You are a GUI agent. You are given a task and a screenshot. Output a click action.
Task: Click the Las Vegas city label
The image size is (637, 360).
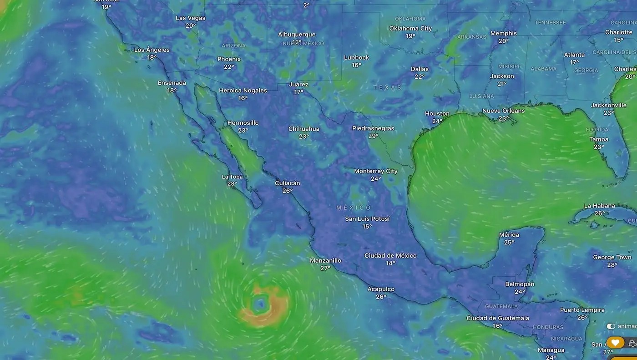coord(191,18)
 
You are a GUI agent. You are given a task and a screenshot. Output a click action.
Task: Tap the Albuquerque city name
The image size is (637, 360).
coord(297,35)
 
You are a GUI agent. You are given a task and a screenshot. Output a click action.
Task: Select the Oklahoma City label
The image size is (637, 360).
coord(410,28)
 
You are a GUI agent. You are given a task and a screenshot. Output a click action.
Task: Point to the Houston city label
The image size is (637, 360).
coord(437,114)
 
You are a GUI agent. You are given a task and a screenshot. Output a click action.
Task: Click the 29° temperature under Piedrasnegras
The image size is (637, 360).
coord(373,136)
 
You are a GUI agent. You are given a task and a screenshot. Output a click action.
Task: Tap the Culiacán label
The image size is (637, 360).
coord(287,183)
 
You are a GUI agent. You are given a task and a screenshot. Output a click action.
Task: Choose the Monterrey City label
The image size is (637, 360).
coord(375,171)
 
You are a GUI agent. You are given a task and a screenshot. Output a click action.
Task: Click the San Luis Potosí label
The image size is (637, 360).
coord(367,219)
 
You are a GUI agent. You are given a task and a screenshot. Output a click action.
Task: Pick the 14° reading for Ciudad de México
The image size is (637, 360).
coord(390,263)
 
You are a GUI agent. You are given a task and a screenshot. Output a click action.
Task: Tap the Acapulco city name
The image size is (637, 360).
coord(381,289)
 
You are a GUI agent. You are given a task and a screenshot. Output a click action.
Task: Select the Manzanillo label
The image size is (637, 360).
coord(325,261)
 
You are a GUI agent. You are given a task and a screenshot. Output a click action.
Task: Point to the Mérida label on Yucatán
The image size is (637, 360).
coord(509,235)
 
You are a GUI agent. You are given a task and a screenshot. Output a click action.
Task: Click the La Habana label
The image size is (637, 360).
coord(599,206)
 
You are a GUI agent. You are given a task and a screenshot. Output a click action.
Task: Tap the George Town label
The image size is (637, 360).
coord(612,258)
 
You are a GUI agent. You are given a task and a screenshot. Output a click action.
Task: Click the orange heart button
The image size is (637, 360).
coord(615,342)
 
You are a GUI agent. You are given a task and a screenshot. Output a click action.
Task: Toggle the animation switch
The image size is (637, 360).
coord(611,326)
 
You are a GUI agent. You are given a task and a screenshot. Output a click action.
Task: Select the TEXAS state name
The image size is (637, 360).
coord(387,87)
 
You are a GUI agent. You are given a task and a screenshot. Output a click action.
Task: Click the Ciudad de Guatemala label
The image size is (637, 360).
coord(497,318)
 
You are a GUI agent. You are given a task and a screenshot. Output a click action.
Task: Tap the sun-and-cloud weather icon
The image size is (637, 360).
coord(632,343)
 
